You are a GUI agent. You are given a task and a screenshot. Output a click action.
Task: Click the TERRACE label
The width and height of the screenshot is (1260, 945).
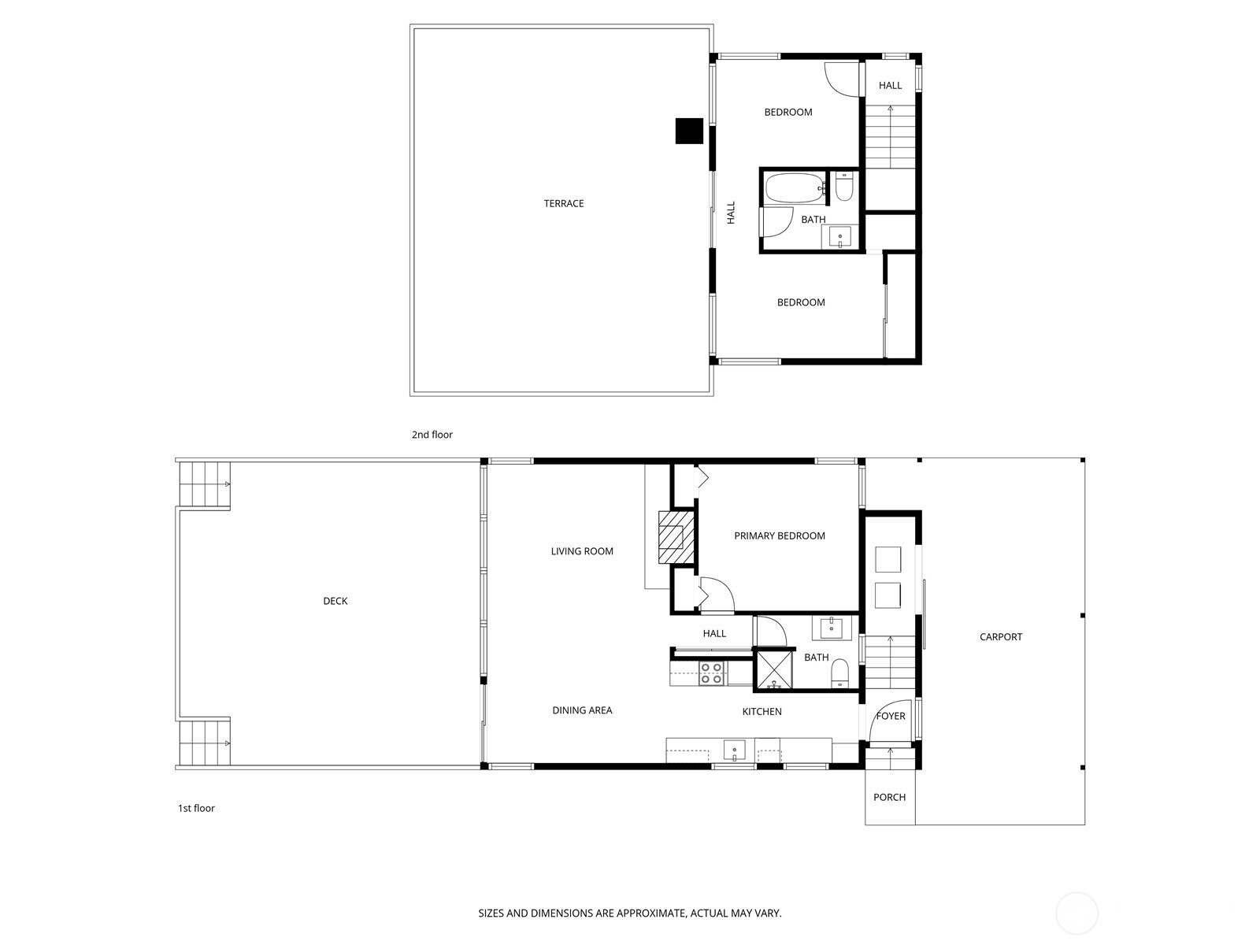pos(564,204)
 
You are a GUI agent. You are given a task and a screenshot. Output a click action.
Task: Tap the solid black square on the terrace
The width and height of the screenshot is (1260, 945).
pos(689,131)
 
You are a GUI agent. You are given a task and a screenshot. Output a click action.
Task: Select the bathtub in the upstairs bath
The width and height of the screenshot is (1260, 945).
pos(794,189)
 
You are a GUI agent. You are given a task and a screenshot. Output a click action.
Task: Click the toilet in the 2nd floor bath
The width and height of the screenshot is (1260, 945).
pos(844,188)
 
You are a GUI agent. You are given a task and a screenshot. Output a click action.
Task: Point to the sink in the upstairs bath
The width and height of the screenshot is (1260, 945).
pos(840,235)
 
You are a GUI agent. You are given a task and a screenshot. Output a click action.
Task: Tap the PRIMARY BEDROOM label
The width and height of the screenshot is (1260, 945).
pos(780,536)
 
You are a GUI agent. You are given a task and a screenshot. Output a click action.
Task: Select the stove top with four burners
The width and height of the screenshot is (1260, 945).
pos(712,673)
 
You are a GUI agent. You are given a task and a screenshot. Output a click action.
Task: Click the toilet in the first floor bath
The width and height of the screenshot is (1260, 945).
pos(840,672)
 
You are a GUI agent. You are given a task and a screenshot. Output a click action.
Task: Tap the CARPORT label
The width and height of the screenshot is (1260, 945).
pos(1001,637)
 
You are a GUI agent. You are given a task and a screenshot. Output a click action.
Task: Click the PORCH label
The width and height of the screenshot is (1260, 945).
pos(890,798)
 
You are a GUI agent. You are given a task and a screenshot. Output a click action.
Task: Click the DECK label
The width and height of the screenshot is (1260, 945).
pos(335,602)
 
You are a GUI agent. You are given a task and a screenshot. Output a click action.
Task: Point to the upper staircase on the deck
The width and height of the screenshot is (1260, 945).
pos(205,484)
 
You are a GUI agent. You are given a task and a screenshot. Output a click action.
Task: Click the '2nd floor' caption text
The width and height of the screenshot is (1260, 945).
pos(432,435)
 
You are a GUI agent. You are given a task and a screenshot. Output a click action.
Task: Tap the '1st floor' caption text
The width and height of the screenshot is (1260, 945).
pos(196,808)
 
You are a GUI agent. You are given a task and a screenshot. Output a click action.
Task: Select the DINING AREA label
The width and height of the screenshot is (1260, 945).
pos(582,710)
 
